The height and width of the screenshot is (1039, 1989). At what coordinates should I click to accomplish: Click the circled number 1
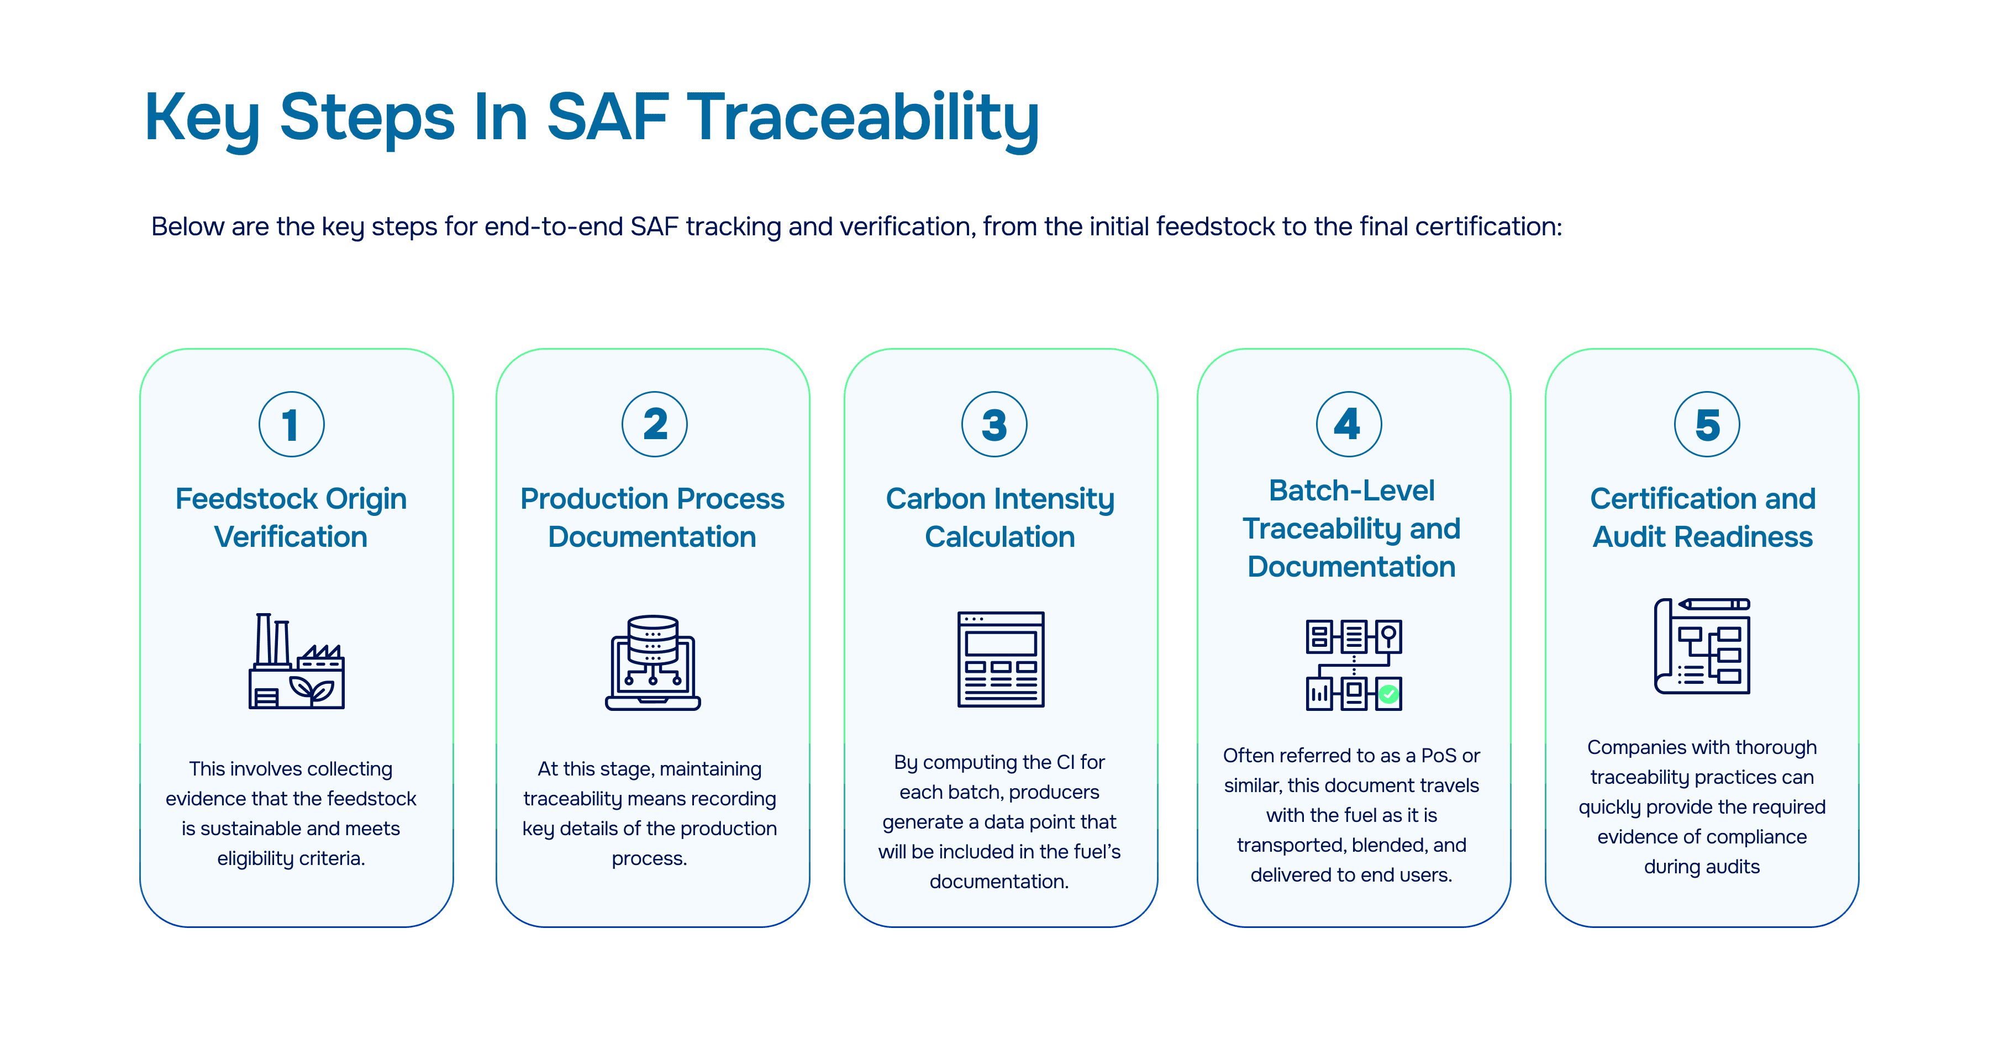(x=291, y=425)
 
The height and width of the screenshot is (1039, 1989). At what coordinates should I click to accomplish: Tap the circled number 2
(x=654, y=425)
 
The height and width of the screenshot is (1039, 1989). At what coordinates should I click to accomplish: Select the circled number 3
(x=994, y=425)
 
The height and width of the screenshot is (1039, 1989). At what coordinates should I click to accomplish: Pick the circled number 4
(x=1348, y=425)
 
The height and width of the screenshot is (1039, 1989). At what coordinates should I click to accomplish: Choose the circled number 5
(x=1707, y=425)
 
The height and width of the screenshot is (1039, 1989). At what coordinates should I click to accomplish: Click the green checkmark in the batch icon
(x=1389, y=694)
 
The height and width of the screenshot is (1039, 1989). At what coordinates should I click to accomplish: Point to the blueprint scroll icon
(x=1702, y=646)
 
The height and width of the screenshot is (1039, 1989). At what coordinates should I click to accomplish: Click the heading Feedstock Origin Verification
(x=291, y=517)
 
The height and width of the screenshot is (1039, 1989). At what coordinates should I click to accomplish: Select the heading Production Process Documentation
(x=653, y=517)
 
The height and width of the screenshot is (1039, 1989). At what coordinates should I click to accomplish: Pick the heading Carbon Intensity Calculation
(x=1000, y=517)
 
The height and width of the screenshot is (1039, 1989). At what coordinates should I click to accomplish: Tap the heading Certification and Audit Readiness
(x=1703, y=517)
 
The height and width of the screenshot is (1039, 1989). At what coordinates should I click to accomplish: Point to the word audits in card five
(x=1733, y=867)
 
